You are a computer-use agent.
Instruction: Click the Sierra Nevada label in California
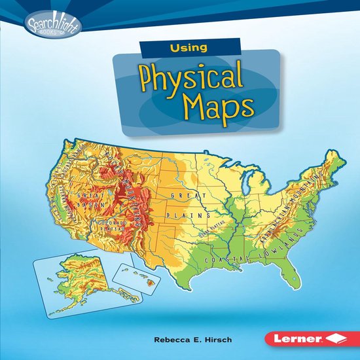point(65,200)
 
